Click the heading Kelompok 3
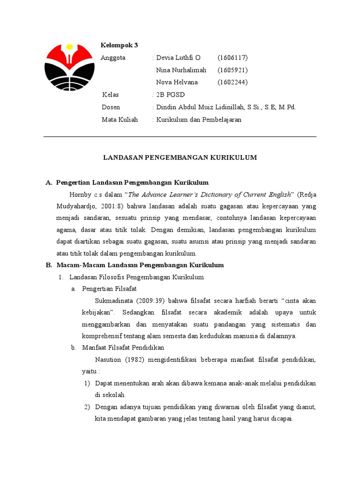click(x=120, y=45)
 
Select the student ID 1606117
click(x=232, y=58)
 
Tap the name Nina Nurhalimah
click(x=181, y=70)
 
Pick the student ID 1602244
click(x=232, y=82)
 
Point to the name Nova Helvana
click(x=177, y=82)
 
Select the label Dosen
click(x=111, y=107)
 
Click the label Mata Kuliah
click(x=120, y=120)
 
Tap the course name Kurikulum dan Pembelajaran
click(x=199, y=120)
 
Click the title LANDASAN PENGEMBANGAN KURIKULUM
click(x=180, y=157)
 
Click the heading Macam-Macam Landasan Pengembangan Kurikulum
click(x=140, y=265)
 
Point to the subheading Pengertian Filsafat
click(x=109, y=289)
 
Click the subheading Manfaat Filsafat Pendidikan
click(x=123, y=348)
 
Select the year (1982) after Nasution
click(x=135, y=360)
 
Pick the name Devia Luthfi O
click(x=178, y=58)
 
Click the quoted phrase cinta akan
click(x=300, y=300)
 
